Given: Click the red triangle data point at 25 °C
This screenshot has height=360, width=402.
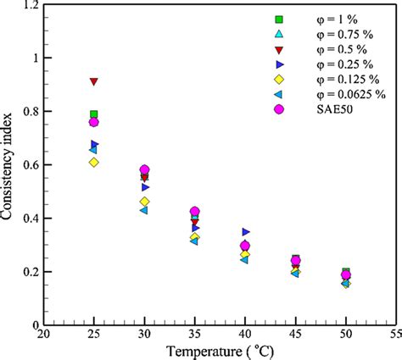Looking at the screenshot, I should (94, 81).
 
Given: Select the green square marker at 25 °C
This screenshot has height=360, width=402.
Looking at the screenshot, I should (94, 114).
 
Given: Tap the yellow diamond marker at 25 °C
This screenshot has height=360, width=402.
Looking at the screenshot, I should (94, 162).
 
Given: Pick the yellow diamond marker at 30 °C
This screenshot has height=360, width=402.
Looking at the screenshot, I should (144, 202).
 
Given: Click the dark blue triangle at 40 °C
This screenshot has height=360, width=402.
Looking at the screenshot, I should (246, 231).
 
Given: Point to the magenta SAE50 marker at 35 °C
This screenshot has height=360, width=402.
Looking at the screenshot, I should (195, 211).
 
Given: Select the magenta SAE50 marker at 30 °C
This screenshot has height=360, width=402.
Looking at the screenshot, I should (144, 170).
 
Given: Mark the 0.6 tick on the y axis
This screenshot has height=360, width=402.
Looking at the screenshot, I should (28, 165).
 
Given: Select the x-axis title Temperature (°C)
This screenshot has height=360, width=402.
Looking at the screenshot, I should (220, 351).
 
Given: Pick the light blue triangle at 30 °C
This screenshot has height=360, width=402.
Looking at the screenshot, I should (144, 210).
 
